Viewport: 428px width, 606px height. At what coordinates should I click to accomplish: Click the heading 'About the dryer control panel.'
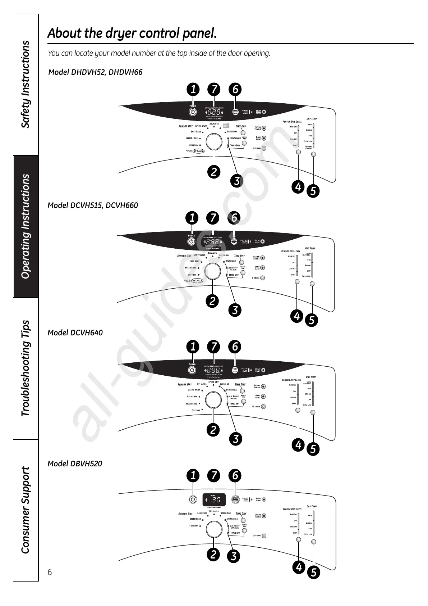tap(132, 33)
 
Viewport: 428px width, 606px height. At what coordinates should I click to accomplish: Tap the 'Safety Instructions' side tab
tap(26, 84)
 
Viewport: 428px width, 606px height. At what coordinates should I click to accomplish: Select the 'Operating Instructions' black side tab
tap(26, 226)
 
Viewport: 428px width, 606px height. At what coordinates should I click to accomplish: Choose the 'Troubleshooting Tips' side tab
tap(26, 368)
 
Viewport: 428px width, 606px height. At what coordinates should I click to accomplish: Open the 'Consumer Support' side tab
tap(26, 510)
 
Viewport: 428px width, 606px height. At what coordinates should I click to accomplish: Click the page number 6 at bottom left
tap(50, 572)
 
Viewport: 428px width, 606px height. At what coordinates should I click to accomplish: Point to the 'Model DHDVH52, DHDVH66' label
tap(95, 72)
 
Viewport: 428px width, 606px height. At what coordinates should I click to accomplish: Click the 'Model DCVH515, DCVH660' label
tap(93, 205)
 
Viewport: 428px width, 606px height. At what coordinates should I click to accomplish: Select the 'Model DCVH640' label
tap(75, 333)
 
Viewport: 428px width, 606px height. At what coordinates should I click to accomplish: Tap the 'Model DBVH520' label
tap(75, 463)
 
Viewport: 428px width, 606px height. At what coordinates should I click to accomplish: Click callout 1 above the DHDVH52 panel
tap(193, 89)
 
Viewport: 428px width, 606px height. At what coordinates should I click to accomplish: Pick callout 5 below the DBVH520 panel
tap(313, 572)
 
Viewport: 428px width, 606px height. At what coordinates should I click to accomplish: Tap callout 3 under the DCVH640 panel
tap(236, 439)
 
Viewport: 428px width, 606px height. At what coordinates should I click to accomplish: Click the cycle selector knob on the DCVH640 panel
tap(213, 400)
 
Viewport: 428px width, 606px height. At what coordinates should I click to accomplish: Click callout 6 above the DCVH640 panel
tap(235, 347)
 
